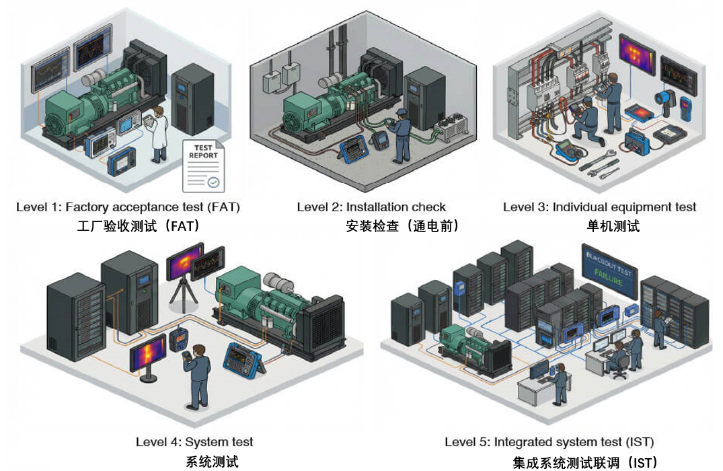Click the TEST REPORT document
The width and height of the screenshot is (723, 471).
pos(203,165)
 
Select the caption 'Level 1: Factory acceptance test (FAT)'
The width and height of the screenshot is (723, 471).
pos(128,207)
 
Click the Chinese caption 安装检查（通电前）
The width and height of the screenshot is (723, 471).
pos(402,226)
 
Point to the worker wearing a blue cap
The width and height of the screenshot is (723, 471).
pos(401,135)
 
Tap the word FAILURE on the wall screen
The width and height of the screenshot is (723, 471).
pos(609,274)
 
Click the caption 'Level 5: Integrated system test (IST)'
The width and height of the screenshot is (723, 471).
pos(549,442)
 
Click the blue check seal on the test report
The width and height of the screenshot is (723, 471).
pos(213,182)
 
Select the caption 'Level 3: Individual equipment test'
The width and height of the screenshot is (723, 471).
pos(599,207)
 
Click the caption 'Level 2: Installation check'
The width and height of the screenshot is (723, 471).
pos(372,207)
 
